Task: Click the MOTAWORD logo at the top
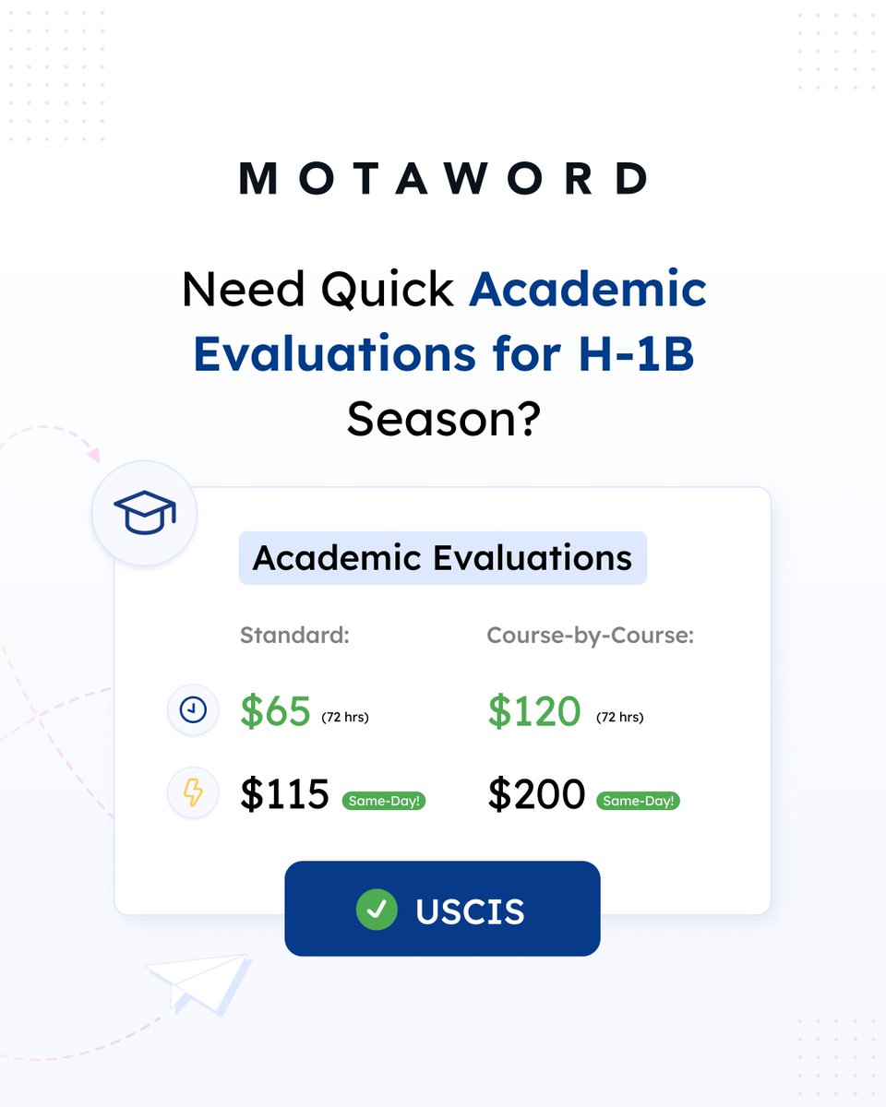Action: pyautogui.click(x=443, y=178)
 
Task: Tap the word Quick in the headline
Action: pyautogui.click(x=387, y=291)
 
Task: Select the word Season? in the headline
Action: pyautogui.click(x=443, y=420)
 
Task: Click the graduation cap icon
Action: pyautogui.click(x=144, y=514)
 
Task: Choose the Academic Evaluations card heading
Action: pyautogui.click(x=443, y=558)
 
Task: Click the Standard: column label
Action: pyautogui.click(x=294, y=636)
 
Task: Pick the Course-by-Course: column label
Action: pyautogui.click(x=591, y=636)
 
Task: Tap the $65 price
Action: pyautogui.click(x=275, y=711)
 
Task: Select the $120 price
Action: pyautogui.click(x=534, y=711)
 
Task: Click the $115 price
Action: pyautogui.click(x=284, y=794)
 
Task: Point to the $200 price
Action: pyautogui.click(x=536, y=794)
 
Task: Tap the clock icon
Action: pyautogui.click(x=193, y=710)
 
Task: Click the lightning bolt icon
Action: pyautogui.click(x=193, y=793)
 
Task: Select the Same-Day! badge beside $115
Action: pyautogui.click(x=384, y=800)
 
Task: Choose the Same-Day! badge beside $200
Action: pyautogui.click(x=638, y=800)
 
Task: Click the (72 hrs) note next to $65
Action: pyautogui.click(x=344, y=718)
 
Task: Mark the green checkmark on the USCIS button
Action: pyautogui.click(x=377, y=910)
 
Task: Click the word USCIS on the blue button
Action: pyautogui.click(x=470, y=911)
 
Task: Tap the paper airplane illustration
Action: pyautogui.click(x=198, y=982)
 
